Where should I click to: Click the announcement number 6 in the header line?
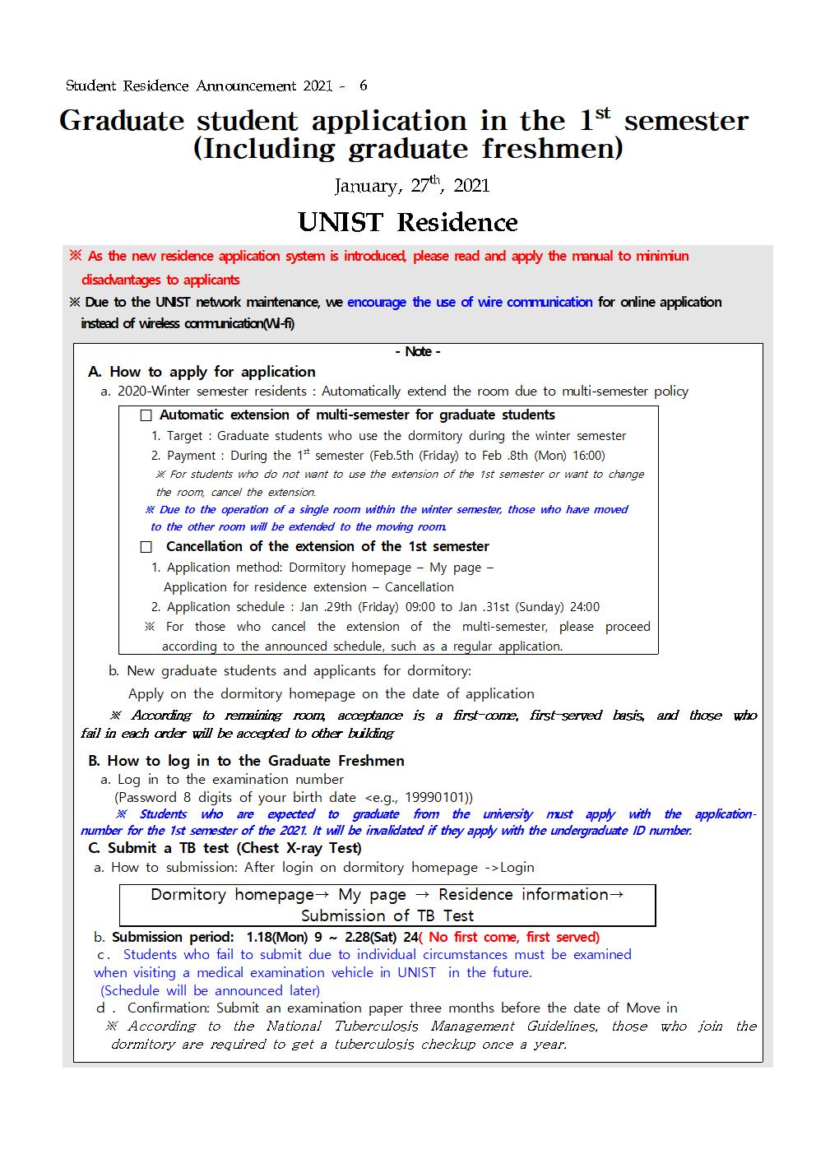click(364, 86)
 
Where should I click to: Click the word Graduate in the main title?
click(122, 121)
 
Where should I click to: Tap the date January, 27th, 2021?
click(411, 185)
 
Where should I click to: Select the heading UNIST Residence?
click(408, 222)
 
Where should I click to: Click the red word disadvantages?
click(123, 280)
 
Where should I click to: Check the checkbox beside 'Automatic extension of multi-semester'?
click(146, 415)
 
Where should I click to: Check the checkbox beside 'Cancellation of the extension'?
click(146, 547)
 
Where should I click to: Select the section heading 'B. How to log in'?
click(246, 761)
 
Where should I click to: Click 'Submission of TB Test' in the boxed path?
click(387, 915)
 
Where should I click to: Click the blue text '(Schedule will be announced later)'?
click(210, 990)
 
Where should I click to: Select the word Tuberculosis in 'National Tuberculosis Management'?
click(378, 1026)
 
